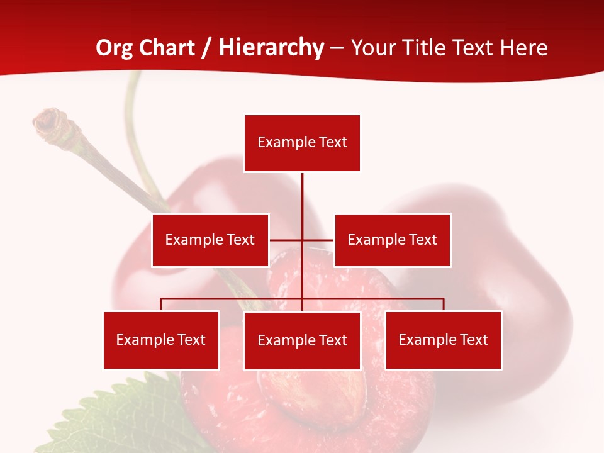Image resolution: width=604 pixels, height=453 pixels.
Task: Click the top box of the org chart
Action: click(302, 143)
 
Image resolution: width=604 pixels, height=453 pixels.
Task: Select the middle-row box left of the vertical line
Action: click(210, 240)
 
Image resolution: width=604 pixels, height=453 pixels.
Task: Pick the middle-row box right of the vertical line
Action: click(392, 240)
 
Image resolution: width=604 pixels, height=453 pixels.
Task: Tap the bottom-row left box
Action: click(161, 340)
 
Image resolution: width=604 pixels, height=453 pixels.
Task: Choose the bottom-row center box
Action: click(302, 340)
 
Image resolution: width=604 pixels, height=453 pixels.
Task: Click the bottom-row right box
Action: click(443, 340)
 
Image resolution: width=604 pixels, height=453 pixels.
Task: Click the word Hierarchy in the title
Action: click(271, 48)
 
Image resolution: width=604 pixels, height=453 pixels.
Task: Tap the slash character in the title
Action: click(207, 48)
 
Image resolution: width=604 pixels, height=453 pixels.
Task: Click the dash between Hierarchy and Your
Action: click(337, 48)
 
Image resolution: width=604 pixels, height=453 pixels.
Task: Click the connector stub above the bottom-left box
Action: click(161, 305)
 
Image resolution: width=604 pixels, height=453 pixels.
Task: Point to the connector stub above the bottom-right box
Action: click(444, 305)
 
